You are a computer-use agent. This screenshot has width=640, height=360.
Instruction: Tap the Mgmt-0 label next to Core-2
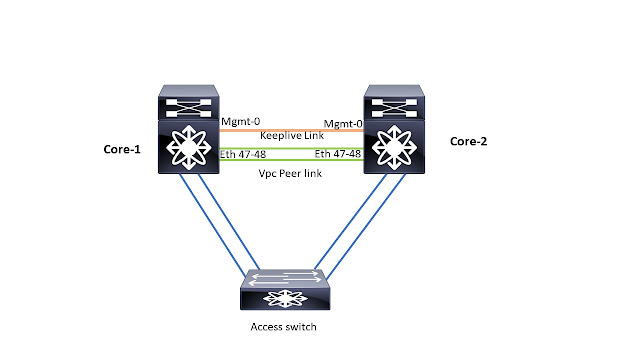tap(341, 122)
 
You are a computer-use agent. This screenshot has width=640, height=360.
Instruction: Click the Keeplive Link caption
tap(290, 135)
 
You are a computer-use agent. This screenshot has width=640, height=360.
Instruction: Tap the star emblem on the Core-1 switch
tap(190, 147)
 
